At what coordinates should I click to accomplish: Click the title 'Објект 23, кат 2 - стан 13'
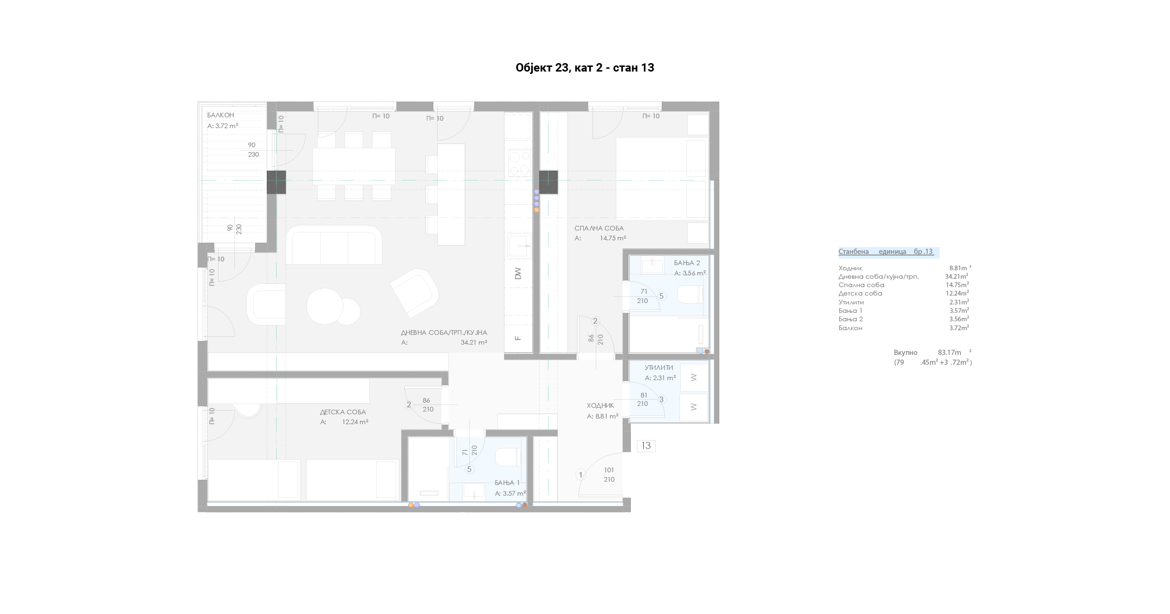click(x=585, y=68)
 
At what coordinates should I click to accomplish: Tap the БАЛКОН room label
click(x=220, y=115)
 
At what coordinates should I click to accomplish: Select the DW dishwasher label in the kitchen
click(x=518, y=273)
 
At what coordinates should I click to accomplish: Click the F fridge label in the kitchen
click(x=518, y=338)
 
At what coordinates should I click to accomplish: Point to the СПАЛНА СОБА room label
click(x=599, y=228)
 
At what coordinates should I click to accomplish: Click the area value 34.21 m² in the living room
click(x=474, y=342)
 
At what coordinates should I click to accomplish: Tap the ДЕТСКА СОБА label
click(x=343, y=412)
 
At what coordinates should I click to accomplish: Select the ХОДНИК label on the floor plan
click(x=600, y=405)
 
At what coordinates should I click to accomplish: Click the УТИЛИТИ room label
click(x=658, y=368)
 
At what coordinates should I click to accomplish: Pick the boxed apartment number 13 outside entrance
click(x=646, y=446)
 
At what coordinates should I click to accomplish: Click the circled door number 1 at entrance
click(x=581, y=475)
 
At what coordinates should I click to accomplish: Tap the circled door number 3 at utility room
click(x=661, y=399)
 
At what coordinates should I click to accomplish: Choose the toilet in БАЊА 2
click(x=690, y=295)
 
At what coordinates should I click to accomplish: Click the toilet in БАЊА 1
click(x=508, y=457)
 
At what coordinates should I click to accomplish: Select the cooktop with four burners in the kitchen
click(x=519, y=163)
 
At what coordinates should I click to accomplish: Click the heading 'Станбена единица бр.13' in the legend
click(x=885, y=252)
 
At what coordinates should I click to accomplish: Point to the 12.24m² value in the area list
click(x=957, y=293)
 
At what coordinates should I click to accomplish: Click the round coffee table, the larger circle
click(x=325, y=306)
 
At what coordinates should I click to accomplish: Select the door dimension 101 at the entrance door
click(x=609, y=470)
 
